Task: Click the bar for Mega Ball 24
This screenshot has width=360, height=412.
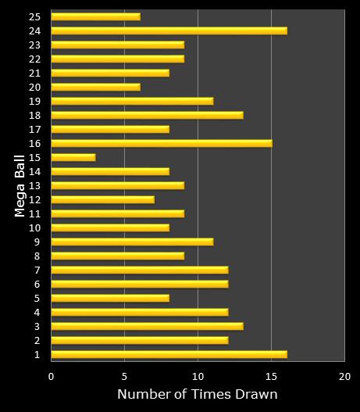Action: coord(169,30)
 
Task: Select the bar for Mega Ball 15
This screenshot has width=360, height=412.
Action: coord(73,157)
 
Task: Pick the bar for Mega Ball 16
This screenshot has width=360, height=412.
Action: coord(162,143)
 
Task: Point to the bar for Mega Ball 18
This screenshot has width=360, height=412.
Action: coord(147,115)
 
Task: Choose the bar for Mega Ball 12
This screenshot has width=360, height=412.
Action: coord(102,199)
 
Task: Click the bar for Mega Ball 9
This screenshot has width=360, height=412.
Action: coord(132,242)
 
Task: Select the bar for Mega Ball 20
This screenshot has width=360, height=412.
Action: coord(95,87)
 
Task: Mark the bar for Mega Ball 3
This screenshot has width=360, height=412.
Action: coord(147,326)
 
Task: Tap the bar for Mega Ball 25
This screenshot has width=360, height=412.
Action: coord(95,16)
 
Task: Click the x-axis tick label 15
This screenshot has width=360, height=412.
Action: coord(271,375)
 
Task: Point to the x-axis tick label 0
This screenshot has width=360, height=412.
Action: coord(52,375)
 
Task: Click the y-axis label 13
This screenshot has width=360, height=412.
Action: coord(35,185)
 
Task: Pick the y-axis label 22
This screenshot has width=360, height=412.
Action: coord(35,59)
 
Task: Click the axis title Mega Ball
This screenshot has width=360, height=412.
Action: coord(21,185)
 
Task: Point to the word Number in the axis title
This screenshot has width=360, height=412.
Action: coord(142,395)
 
